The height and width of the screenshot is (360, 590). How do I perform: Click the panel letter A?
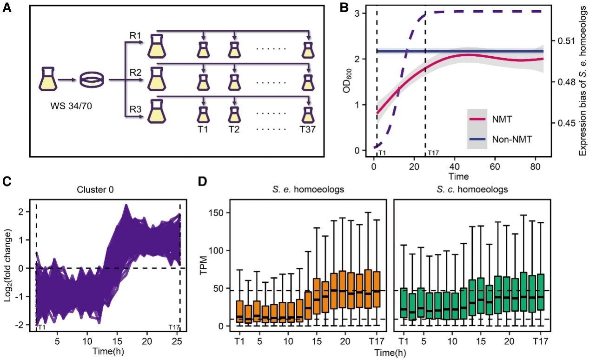click(x=8, y=8)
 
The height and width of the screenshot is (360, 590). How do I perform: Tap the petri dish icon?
click(x=93, y=80)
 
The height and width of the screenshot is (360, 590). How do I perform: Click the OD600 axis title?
click(x=347, y=84)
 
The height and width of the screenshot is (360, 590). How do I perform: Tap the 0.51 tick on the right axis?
click(x=565, y=41)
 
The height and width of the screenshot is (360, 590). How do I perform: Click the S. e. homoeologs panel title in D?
click(x=305, y=190)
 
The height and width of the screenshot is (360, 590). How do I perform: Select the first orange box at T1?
click(x=239, y=312)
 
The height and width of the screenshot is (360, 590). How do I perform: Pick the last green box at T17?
click(x=541, y=292)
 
